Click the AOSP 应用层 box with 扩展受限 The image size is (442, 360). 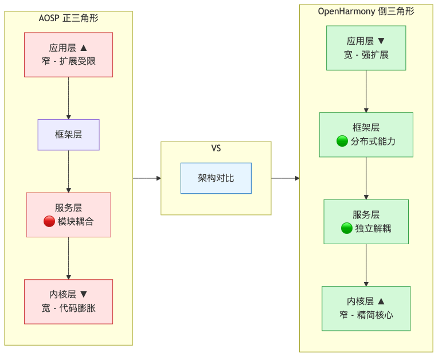pos(68,54)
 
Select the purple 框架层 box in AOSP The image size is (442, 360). pos(68,135)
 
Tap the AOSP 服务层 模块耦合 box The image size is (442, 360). pos(68,214)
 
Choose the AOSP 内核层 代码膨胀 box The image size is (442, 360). pos(68,302)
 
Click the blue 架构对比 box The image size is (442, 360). pos(216,178)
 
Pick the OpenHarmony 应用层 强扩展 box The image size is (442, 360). pos(366,48)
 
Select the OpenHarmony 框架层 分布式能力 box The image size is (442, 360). pos(366,135)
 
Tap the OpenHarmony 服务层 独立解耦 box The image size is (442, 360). pos(366,222)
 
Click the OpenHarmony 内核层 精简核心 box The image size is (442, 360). pos(366,308)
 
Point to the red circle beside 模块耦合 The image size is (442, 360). pos(49,222)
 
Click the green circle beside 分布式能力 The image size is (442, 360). pos(342,142)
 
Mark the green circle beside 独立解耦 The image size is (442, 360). pos(346,229)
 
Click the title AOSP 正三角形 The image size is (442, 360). pos(68,18)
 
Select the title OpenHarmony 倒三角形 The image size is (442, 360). pos(366,11)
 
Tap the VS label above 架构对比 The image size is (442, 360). pos(216,148)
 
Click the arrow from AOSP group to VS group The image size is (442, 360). pos(147,178)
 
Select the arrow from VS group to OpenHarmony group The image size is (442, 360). pos(285,178)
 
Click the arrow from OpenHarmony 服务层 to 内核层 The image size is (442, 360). pos(366,265)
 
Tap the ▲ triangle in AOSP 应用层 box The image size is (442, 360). pos(84,48)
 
